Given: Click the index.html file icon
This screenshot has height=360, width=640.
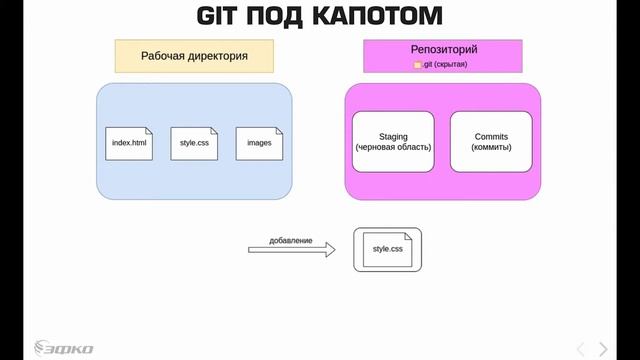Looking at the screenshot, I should coord(130,143).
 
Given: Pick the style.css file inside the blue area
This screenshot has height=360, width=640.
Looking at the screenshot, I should coord(194,143).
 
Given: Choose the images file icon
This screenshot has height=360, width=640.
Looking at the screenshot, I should coord(259,143).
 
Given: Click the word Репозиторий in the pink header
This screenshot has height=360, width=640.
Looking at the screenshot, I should coord(443,48).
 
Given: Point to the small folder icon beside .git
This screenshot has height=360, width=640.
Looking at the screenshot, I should coord(419,65).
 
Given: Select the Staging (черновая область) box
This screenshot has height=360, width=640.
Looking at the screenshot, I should coord(393,141).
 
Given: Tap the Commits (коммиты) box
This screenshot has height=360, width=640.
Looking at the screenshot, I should coord(492,141).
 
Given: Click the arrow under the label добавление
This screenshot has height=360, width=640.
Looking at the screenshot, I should coord(291,251).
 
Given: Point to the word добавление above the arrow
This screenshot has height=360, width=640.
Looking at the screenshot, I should coord(291,240).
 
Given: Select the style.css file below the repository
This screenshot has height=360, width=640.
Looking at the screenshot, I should coord(387,249).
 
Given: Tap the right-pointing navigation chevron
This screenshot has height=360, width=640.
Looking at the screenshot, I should coord(603,347).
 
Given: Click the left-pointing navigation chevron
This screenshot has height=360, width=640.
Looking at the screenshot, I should coord(581,347).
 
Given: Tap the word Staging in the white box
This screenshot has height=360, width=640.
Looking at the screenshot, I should coord(393,135).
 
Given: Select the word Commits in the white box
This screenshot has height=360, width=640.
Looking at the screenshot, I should coord(492,135).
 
